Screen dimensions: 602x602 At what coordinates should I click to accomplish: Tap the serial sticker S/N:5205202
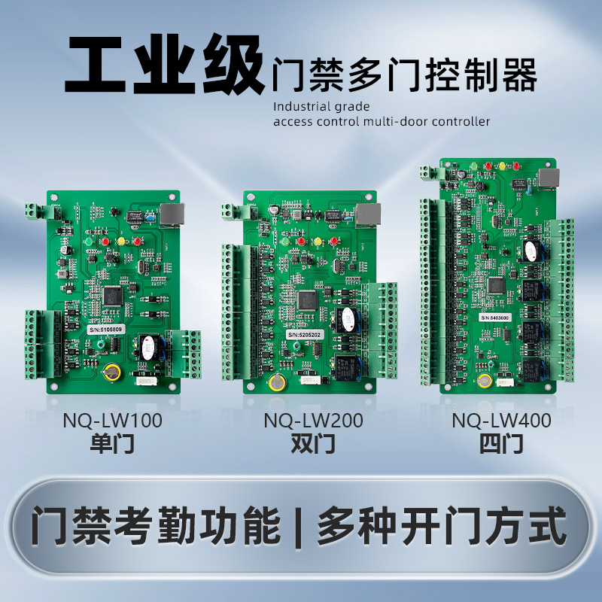click(x=305, y=333)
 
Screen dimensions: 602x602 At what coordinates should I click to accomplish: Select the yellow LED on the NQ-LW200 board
click(x=318, y=243)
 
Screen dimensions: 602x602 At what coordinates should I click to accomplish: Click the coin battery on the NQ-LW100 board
click(x=111, y=370)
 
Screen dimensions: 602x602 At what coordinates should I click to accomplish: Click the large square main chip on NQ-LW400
click(x=497, y=285)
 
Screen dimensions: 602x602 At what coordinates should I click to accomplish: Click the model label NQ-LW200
click(x=313, y=421)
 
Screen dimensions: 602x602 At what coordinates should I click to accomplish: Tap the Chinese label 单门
click(x=113, y=444)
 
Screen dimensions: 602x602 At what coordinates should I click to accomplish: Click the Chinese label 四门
click(x=501, y=444)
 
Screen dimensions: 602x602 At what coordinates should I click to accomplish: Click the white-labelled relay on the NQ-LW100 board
click(x=149, y=346)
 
